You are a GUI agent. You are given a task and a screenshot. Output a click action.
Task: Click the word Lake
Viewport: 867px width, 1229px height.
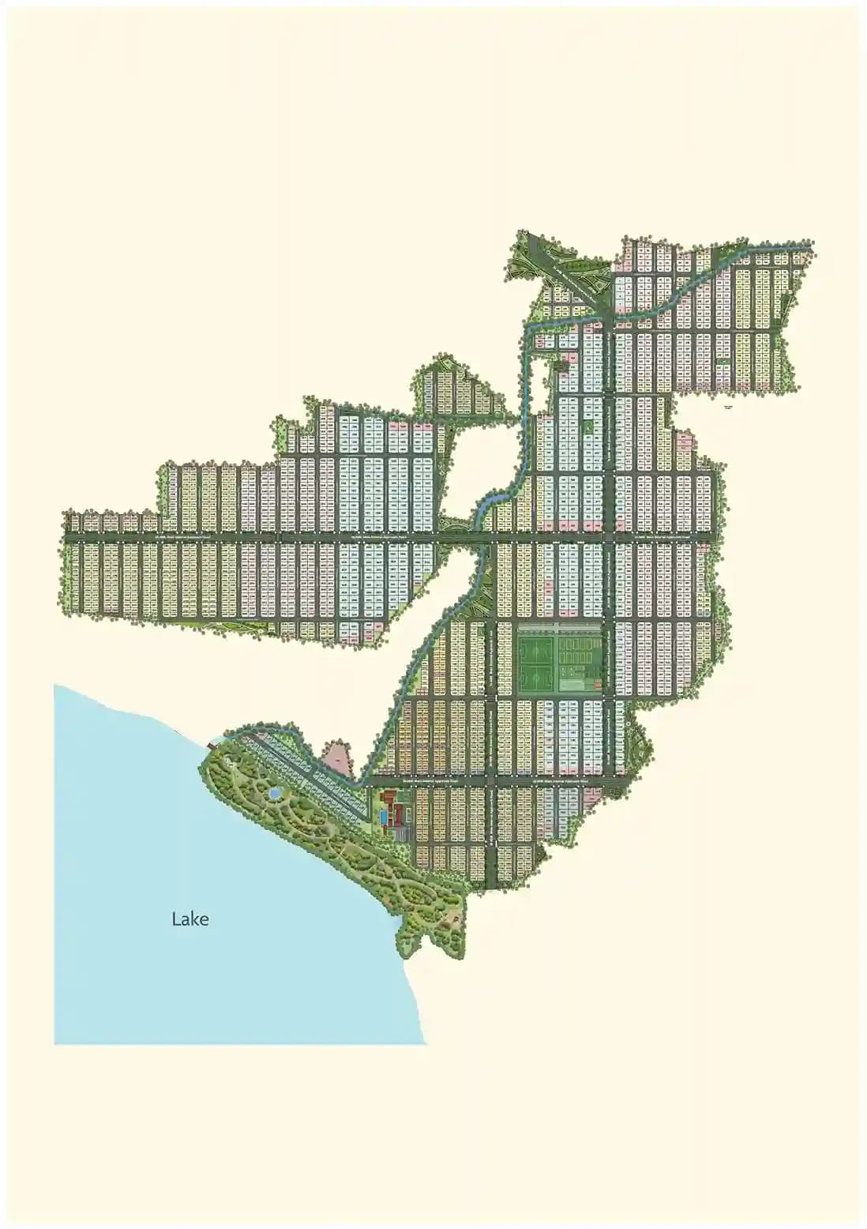pos(190,919)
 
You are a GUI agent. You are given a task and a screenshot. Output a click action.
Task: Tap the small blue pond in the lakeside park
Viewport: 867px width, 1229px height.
pos(273,791)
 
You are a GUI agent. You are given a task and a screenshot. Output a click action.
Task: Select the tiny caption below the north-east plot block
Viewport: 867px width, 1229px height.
pos(727,406)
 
